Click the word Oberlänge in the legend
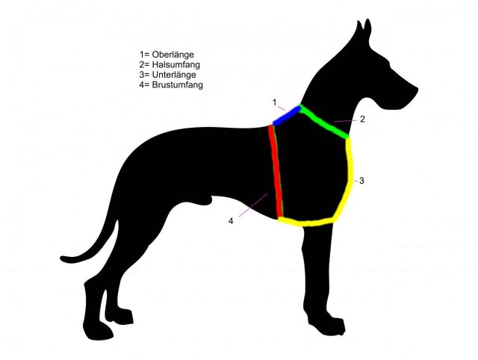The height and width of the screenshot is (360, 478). [x=173, y=55]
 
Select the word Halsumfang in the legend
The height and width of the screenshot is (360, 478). [x=176, y=65]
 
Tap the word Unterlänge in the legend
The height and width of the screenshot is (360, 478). [x=174, y=75]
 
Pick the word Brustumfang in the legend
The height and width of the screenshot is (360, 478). [x=178, y=84]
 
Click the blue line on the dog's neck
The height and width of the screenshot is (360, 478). [x=287, y=116]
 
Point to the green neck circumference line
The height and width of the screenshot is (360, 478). [x=323, y=121]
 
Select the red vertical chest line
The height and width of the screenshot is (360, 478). [x=276, y=171]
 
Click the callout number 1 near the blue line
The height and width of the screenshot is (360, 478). [x=275, y=102]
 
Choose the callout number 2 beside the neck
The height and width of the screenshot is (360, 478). [x=362, y=120]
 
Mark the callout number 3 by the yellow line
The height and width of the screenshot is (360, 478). [x=361, y=181]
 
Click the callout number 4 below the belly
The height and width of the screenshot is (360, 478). [x=231, y=221]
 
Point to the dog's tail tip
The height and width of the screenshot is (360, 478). [x=61, y=258]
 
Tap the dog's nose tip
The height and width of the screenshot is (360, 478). [x=416, y=90]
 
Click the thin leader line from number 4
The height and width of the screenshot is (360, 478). [x=253, y=205]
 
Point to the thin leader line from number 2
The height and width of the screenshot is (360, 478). [x=345, y=121]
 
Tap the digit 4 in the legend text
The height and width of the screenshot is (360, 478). [x=142, y=84]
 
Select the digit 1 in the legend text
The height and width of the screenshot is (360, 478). [x=141, y=55]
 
